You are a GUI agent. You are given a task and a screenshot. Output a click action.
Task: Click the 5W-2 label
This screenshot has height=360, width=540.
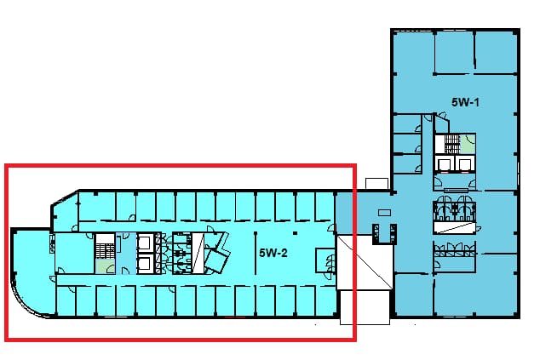(273, 254)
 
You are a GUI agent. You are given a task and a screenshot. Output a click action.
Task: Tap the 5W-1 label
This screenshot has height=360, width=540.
(465, 102)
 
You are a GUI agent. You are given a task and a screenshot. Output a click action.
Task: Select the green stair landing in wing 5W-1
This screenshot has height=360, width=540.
(468, 144)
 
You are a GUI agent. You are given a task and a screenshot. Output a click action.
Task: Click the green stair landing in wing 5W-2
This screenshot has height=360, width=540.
(105, 266)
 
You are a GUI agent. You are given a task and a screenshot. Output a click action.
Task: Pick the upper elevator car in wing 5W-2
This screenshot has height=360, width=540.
(144, 243)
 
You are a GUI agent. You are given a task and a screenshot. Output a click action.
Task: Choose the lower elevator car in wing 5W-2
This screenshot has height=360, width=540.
(144, 264)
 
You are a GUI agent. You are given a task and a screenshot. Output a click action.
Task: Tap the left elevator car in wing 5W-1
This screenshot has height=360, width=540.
(445, 163)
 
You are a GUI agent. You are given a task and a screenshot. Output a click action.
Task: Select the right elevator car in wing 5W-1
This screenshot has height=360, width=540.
(463, 163)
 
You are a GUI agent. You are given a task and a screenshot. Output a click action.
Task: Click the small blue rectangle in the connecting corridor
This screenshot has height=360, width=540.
(384, 213)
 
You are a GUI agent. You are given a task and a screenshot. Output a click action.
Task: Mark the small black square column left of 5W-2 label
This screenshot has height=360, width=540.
(296, 233)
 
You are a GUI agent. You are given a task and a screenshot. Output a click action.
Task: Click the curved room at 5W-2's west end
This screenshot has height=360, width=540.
(32, 271)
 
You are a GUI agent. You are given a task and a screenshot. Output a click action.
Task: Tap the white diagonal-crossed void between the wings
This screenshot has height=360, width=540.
(365, 261)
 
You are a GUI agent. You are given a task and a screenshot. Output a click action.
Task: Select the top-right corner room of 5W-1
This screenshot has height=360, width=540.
(495, 52)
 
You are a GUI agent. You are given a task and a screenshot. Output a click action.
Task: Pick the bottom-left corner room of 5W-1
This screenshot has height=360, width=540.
(413, 294)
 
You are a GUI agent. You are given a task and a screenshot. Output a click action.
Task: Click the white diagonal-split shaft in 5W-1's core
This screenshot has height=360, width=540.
(455, 227)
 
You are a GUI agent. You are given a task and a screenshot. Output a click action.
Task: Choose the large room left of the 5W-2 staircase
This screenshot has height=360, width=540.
(75, 254)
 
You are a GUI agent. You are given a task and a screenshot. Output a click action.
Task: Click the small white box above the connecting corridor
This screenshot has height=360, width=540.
(377, 184)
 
